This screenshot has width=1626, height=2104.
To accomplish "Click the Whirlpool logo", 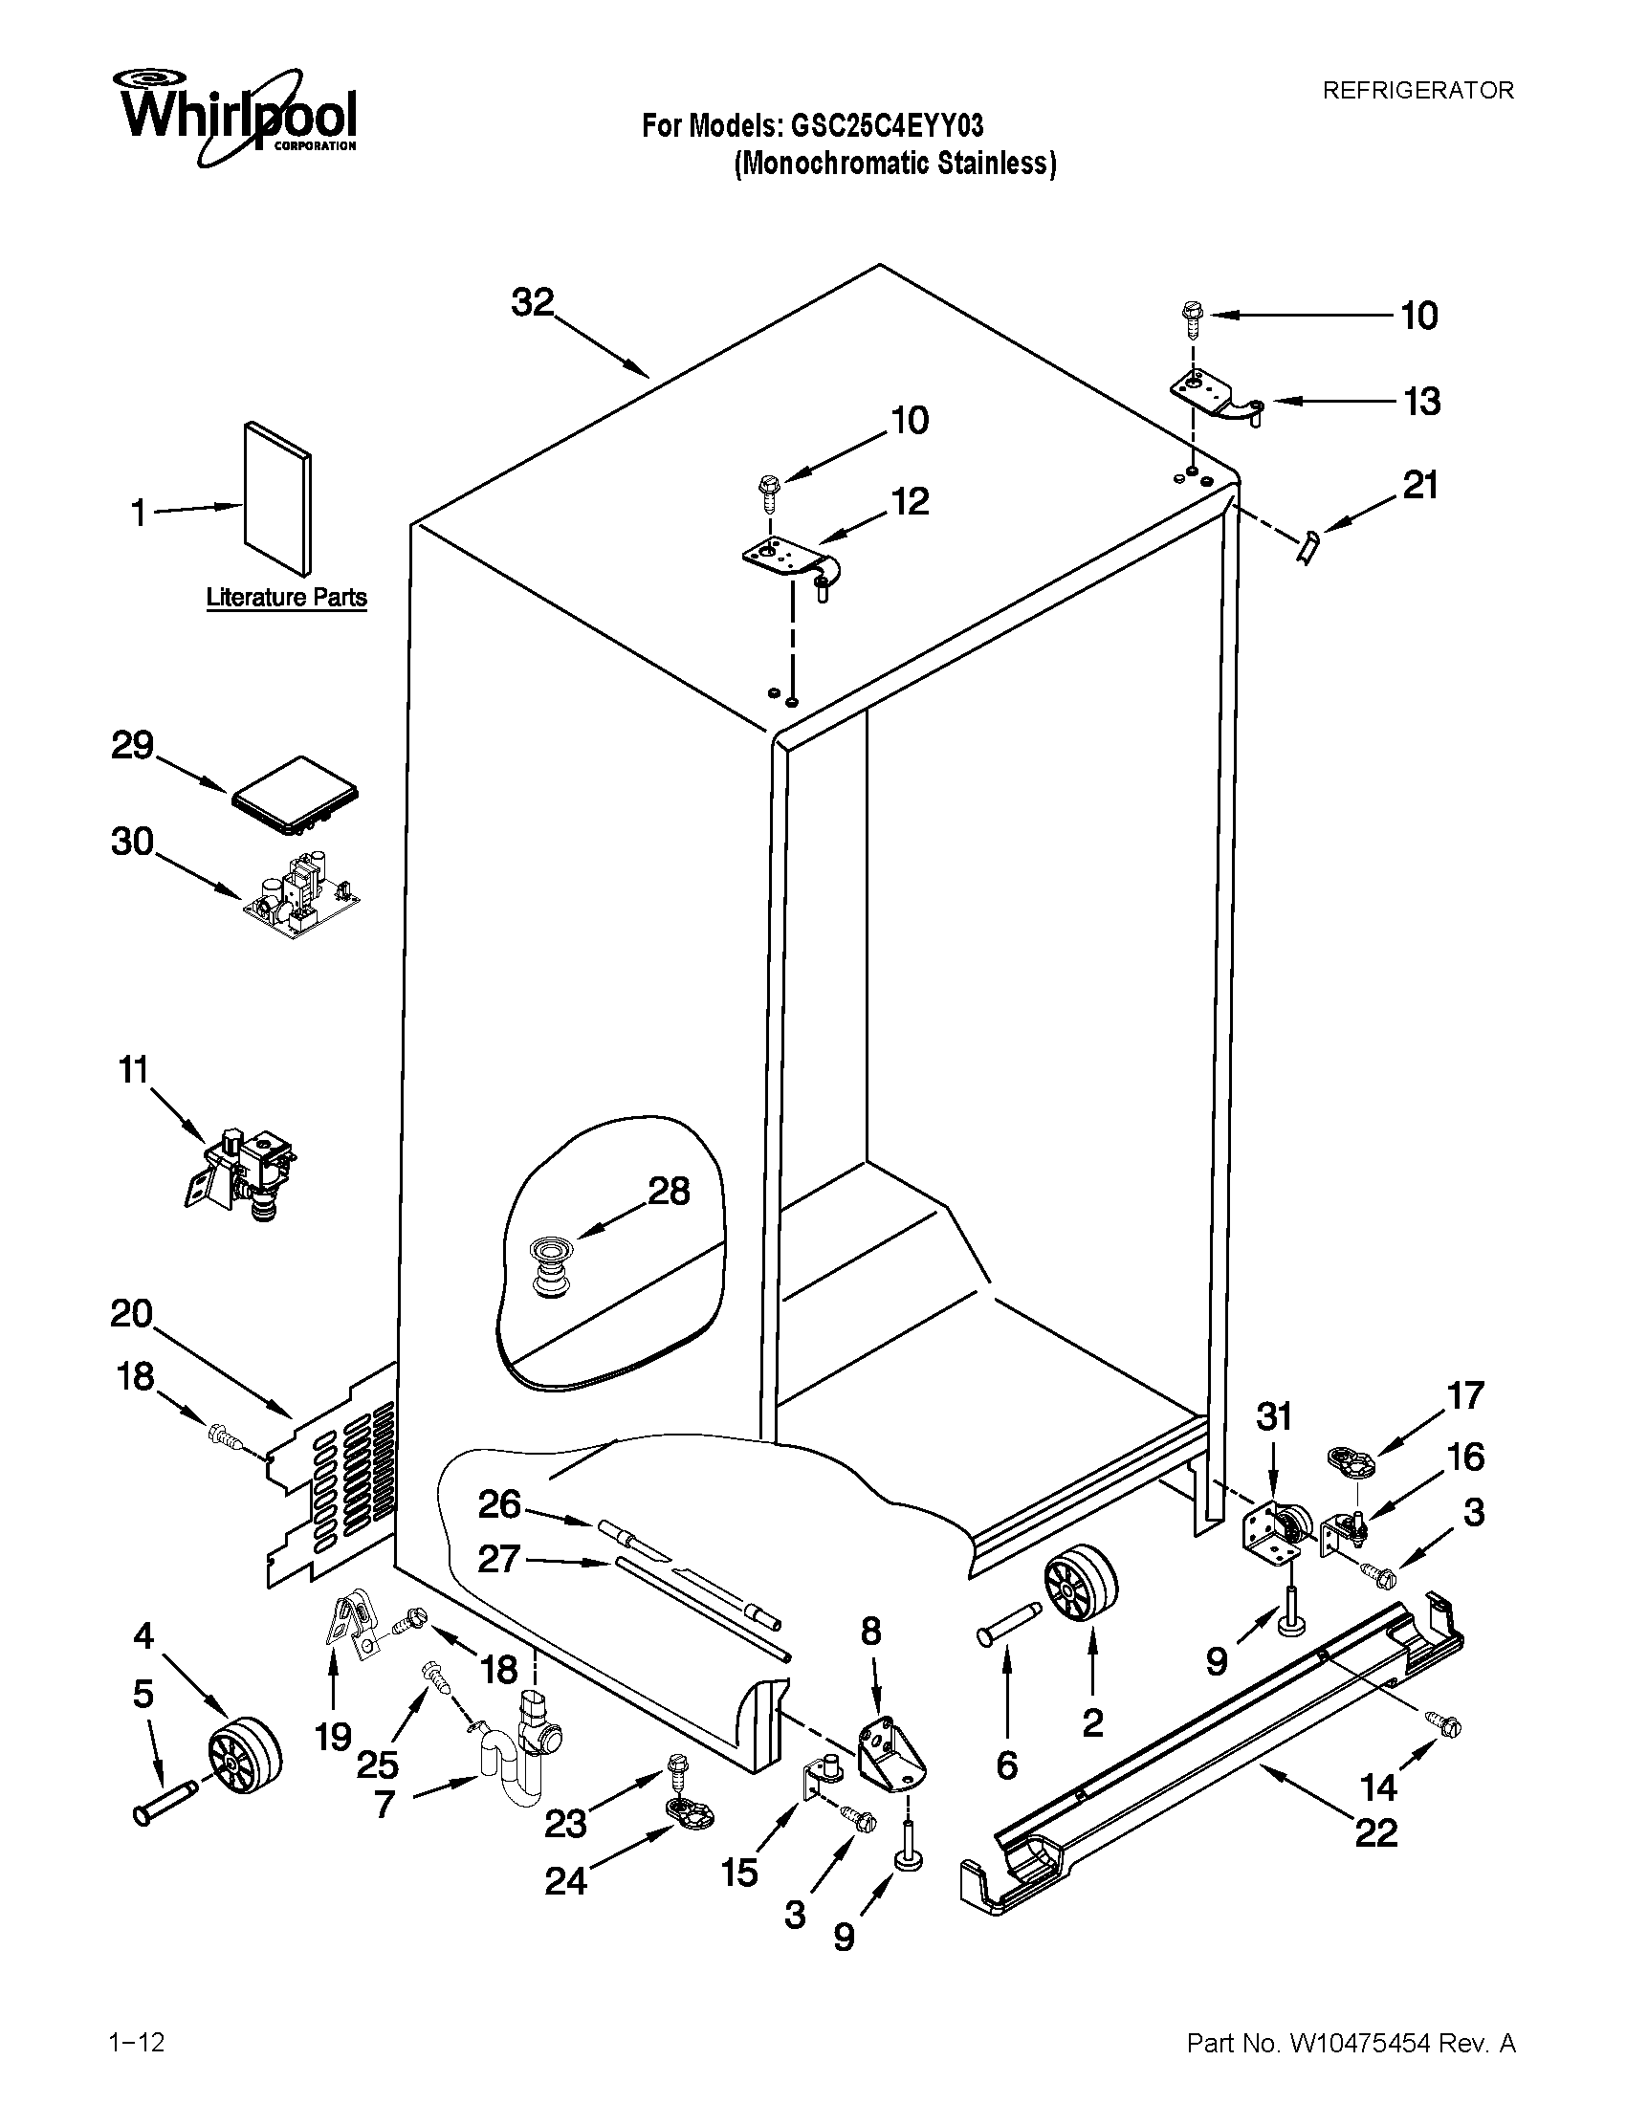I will tap(237, 114).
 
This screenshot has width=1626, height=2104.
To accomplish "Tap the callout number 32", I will tap(533, 302).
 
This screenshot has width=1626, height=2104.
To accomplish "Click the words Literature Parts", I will tap(286, 598).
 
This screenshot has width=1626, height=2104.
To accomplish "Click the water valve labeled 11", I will tap(241, 1173).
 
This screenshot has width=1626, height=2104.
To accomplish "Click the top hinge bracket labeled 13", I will tap(1214, 396).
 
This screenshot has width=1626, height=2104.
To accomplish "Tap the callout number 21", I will tap(1419, 485).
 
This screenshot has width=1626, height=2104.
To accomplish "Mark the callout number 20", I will tap(131, 1313).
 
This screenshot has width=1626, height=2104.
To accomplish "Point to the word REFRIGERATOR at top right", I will tap(1417, 91).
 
